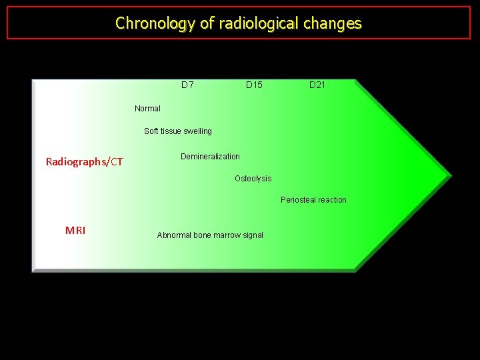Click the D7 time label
point(187,85)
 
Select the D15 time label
point(254,85)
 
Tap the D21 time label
point(317,85)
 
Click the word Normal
point(147,109)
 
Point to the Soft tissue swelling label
point(178,131)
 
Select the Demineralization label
point(210,157)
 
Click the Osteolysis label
point(253,179)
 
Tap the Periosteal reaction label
point(313,200)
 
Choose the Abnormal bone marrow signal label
point(210,235)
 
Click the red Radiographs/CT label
point(84,161)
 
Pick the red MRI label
point(75,231)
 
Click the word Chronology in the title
point(155,23)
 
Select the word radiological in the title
point(259,23)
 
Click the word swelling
point(196,131)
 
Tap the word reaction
point(331,200)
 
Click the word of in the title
point(207,23)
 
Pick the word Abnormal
point(174,235)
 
